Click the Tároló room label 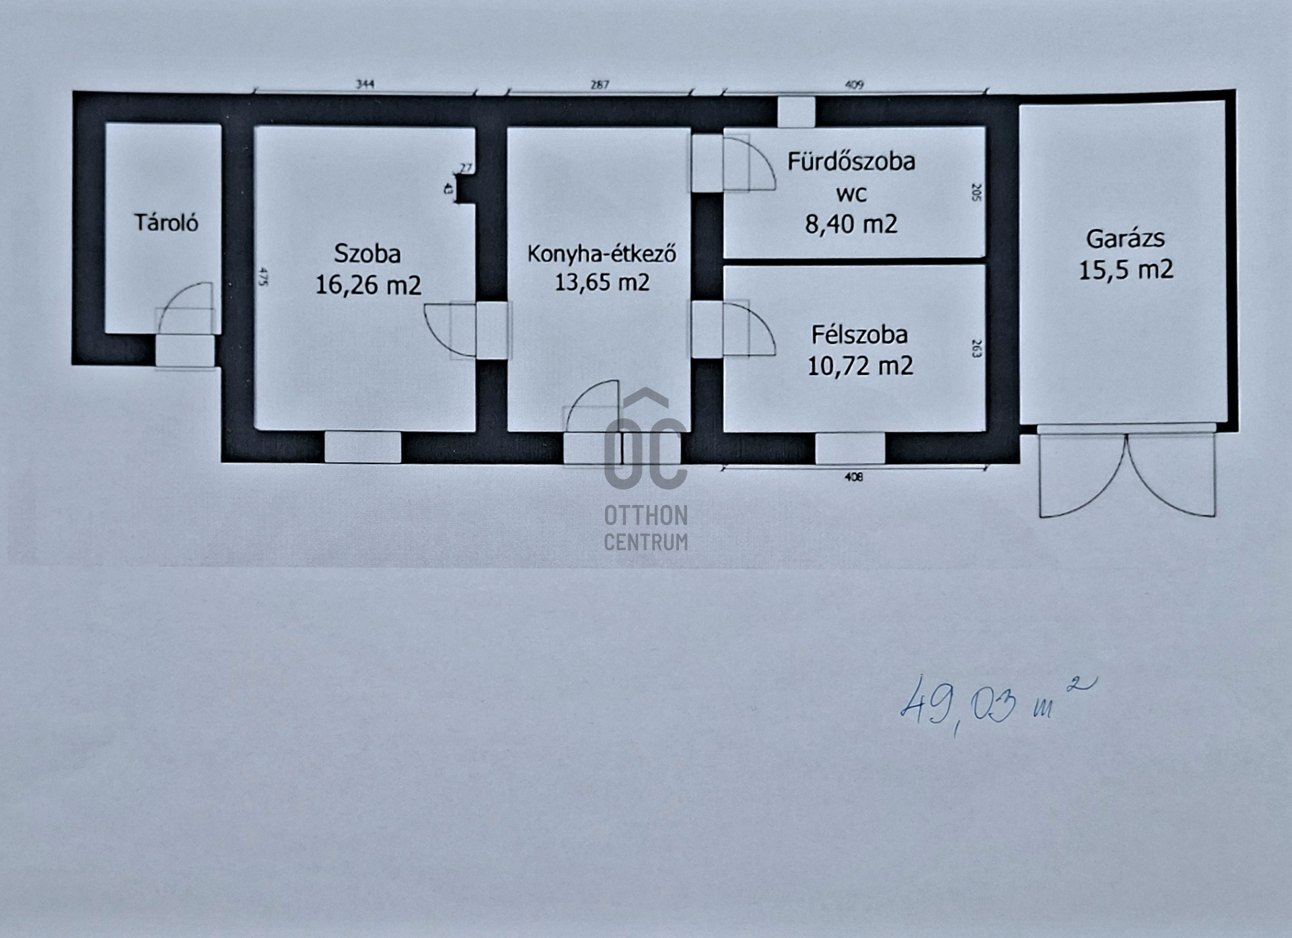pyautogui.click(x=166, y=223)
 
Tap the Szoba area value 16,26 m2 pyautogui.click(x=368, y=285)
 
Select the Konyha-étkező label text pyautogui.click(x=602, y=254)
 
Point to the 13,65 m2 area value pyautogui.click(x=602, y=282)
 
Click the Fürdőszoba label pyautogui.click(x=851, y=162)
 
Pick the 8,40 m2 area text pyautogui.click(x=851, y=224)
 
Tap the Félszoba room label pyautogui.click(x=859, y=335)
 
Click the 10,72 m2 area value pyautogui.click(x=860, y=366)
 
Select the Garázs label pyautogui.click(x=1125, y=239)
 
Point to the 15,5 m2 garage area pyautogui.click(x=1126, y=270)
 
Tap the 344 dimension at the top pyautogui.click(x=365, y=84)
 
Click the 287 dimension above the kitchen pyautogui.click(x=600, y=84)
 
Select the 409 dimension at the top pyautogui.click(x=853, y=85)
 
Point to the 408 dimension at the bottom pyautogui.click(x=853, y=477)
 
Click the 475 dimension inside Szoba pyautogui.click(x=263, y=277)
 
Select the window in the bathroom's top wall pyautogui.click(x=796, y=112)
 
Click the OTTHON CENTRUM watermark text pyautogui.click(x=646, y=529)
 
